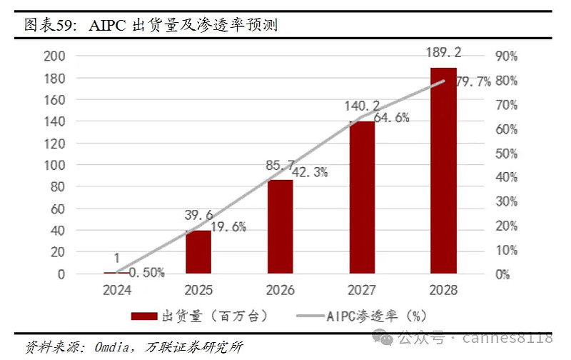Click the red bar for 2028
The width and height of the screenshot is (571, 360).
(443, 171)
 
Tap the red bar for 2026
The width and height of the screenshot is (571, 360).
(281, 226)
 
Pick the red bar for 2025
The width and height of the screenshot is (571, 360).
(198, 251)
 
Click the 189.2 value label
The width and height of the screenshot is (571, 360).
(443, 53)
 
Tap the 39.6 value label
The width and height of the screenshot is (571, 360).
(198, 216)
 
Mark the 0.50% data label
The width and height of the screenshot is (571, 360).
(148, 272)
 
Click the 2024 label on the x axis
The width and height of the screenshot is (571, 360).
(116, 291)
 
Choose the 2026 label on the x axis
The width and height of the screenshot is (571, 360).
(281, 291)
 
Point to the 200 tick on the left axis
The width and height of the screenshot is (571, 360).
(54, 56)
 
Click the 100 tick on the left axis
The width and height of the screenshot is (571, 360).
(54, 165)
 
